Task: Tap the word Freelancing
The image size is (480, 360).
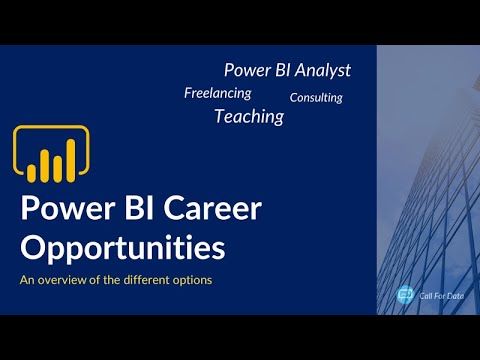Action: [217, 93]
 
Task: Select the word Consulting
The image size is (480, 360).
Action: [316, 98]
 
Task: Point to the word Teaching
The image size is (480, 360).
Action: [248, 117]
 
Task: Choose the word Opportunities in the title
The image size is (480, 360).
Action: [122, 245]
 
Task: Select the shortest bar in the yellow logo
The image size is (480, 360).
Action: [32, 172]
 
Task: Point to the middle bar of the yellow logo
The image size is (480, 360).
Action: [45, 166]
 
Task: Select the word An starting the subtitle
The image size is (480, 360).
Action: [26, 280]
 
